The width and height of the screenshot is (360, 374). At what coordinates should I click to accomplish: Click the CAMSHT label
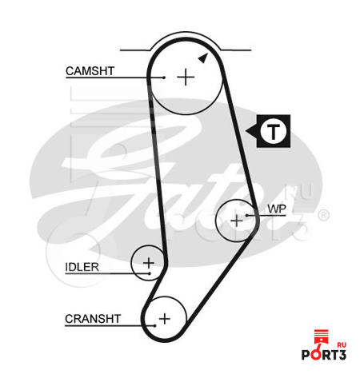click(x=90, y=71)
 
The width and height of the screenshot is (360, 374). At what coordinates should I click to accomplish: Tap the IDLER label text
click(x=82, y=267)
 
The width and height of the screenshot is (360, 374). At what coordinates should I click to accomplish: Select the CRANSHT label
click(x=93, y=319)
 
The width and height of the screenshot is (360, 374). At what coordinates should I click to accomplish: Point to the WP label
click(x=277, y=209)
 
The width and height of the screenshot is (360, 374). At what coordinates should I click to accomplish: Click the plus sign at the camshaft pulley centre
click(x=186, y=78)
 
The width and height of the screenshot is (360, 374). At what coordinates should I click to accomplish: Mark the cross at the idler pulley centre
click(x=149, y=263)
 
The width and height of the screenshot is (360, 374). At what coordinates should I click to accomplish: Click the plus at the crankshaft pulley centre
click(x=165, y=319)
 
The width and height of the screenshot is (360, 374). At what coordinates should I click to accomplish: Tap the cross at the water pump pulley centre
click(x=237, y=221)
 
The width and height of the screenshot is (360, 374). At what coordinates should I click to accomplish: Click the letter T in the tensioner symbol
click(x=274, y=132)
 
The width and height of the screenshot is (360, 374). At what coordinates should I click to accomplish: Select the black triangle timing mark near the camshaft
click(x=203, y=58)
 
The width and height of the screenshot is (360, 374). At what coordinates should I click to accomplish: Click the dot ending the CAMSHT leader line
click(x=164, y=78)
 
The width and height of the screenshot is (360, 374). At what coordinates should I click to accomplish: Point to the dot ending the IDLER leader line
click(x=150, y=273)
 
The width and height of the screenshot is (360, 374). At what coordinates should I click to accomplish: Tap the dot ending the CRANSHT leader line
click(x=154, y=325)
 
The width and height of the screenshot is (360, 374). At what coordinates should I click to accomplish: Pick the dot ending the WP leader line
click(x=247, y=215)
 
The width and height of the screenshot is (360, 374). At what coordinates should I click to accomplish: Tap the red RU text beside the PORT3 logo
click(x=342, y=345)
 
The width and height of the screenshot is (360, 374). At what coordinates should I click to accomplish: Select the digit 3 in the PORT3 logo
click(x=342, y=355)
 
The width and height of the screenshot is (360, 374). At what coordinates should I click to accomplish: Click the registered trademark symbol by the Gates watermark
click(x=324, y=215)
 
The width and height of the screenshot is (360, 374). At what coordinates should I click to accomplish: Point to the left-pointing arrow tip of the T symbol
click(x=246, y=131)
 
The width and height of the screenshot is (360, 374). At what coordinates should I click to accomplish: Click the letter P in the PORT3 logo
click(x=306, y=355)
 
